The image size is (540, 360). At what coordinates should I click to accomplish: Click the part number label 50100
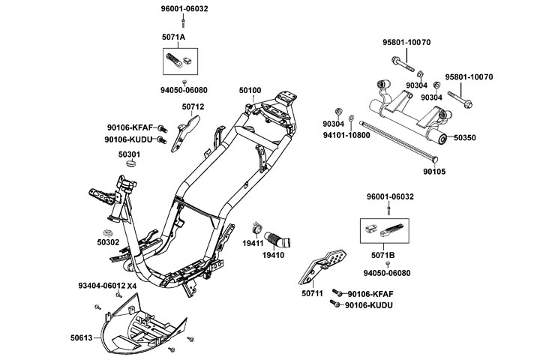pyautogui.click(x=250, y=91)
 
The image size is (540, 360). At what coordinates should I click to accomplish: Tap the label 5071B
pyautogui.click(x=382, y=244)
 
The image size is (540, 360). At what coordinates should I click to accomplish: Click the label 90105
pyautogui.click(x=454, y=172)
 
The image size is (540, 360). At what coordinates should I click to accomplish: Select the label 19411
pyautogui.click(x=252, y=243)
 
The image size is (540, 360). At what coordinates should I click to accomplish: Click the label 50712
pyautogui.click(x=193, y=107)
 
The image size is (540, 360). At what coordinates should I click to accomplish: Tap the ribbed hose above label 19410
pyautogui.click(x=281, y=238)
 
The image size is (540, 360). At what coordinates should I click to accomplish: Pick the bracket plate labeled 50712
pyautogui.click(x=183, y=136)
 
